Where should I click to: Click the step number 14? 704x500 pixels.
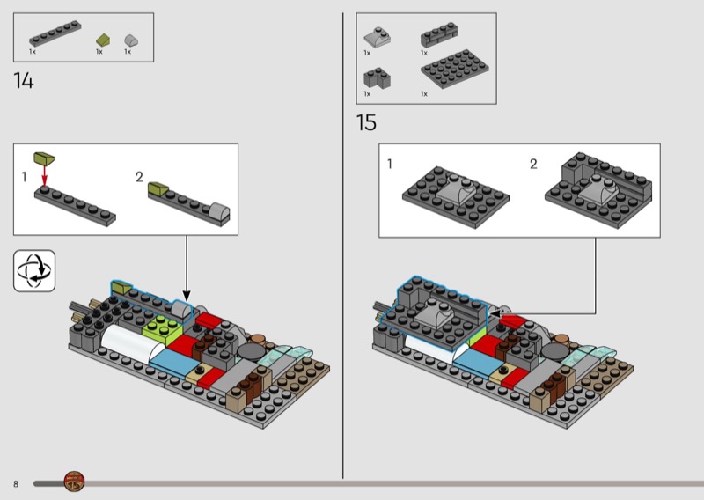(24, 81)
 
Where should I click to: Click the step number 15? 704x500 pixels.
(366, 122)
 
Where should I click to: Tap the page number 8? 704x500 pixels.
(16, 484)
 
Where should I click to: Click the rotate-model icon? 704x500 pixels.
(34, 271)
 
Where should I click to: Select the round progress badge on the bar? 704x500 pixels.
(74, 482)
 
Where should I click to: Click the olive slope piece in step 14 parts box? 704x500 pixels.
(103, 40)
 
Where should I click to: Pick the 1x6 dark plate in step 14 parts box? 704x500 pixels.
(55, 33)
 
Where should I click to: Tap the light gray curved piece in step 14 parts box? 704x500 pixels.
(131, 40)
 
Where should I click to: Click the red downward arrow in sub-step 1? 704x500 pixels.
(44, 175)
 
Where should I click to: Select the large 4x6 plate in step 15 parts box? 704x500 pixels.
(455, 69)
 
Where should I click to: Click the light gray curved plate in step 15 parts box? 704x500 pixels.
(378, 37)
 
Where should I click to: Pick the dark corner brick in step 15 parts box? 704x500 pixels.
(378, 77)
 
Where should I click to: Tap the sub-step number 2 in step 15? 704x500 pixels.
(533, 164)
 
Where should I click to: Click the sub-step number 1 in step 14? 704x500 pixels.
(25, 177)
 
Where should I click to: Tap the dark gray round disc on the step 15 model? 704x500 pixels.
(555, 352)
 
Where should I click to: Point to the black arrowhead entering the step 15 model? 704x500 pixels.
(495, 313)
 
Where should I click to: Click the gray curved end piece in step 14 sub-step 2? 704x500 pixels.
(219, 211)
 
